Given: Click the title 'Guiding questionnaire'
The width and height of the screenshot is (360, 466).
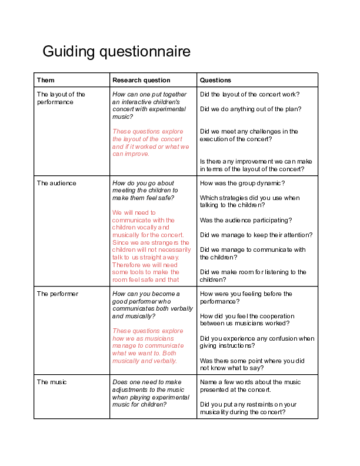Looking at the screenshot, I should [x=116, y=52].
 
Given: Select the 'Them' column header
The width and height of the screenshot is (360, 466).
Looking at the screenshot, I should [x=46, y=80].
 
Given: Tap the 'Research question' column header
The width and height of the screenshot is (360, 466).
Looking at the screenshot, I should [x=141, y=80].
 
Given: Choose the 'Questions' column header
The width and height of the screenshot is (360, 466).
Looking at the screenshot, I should [x=215, y=80].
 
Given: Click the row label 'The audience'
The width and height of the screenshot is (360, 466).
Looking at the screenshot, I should [x=56, y=183].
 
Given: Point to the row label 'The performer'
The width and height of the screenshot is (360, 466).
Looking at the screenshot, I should [x=58, y=294].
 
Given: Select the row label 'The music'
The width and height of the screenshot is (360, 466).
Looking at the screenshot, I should [x=52, y=382].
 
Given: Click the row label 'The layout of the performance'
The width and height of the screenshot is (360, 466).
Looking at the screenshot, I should [x=61, y=98].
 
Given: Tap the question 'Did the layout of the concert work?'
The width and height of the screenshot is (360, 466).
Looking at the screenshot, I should [x=250, y=94].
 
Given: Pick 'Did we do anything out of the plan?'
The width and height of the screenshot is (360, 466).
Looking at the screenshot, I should [x=251, y=109].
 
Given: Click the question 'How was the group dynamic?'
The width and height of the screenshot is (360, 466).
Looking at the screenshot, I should [x=242, y=183].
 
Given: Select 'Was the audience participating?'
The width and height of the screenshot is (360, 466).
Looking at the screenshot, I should [x=246, y=220].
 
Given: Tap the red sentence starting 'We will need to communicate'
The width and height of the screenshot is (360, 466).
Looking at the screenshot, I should [x=151, y=224].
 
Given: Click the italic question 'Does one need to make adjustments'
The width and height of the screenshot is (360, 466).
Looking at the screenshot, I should [x=151, y=393].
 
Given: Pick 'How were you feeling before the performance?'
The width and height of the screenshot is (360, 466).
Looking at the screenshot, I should [x=246, y=297].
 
